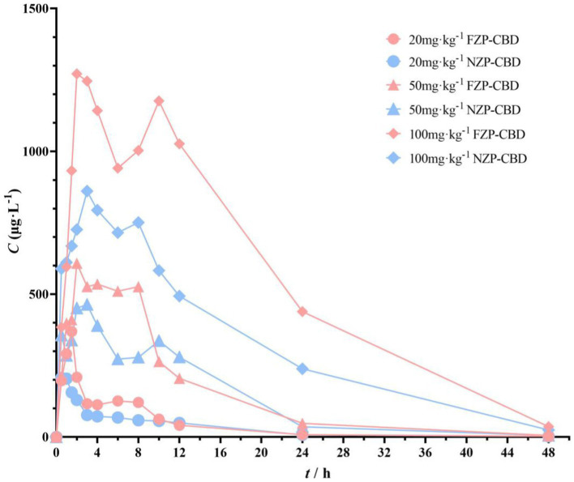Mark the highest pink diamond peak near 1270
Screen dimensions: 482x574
[x=77, y=74]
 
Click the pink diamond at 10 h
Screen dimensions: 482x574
[x=159, y=100]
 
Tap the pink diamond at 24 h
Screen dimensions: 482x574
[x=302, y=311]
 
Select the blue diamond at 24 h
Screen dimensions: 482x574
[x=302, y=369]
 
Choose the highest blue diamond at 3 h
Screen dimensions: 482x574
[x=87, y=191]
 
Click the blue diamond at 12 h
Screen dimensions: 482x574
[x=179, y=296]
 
